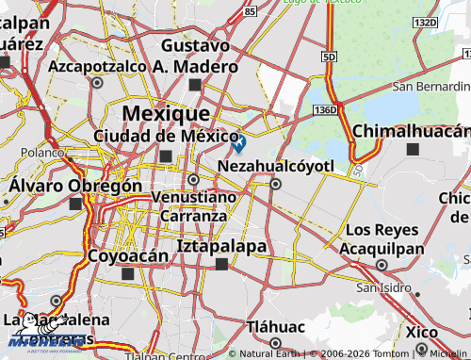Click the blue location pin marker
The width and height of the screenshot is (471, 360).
click(239, 143)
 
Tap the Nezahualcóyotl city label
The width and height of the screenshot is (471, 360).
click(276, 166)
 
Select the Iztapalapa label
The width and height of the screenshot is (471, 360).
click(221, 247)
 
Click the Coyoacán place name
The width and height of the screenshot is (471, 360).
click(127, 255)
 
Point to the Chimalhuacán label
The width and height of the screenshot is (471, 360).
click(411, 130)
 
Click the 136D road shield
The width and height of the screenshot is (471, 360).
click(326, 110)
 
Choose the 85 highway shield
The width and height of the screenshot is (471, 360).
click(249, 12)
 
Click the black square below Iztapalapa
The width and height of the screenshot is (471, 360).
click(221, 265)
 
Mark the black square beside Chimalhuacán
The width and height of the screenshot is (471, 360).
click(412, 149)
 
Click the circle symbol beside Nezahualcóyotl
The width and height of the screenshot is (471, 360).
click(275, 184)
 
